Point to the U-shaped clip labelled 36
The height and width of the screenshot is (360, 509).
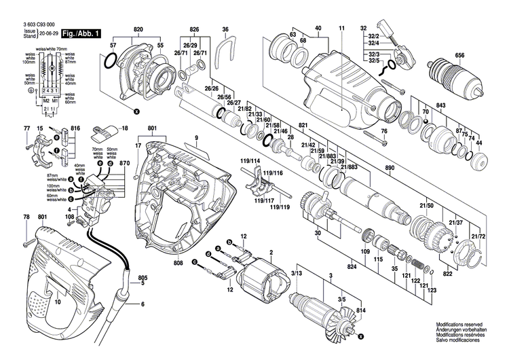(227, 48)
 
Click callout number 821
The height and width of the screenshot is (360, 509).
(303, 126)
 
